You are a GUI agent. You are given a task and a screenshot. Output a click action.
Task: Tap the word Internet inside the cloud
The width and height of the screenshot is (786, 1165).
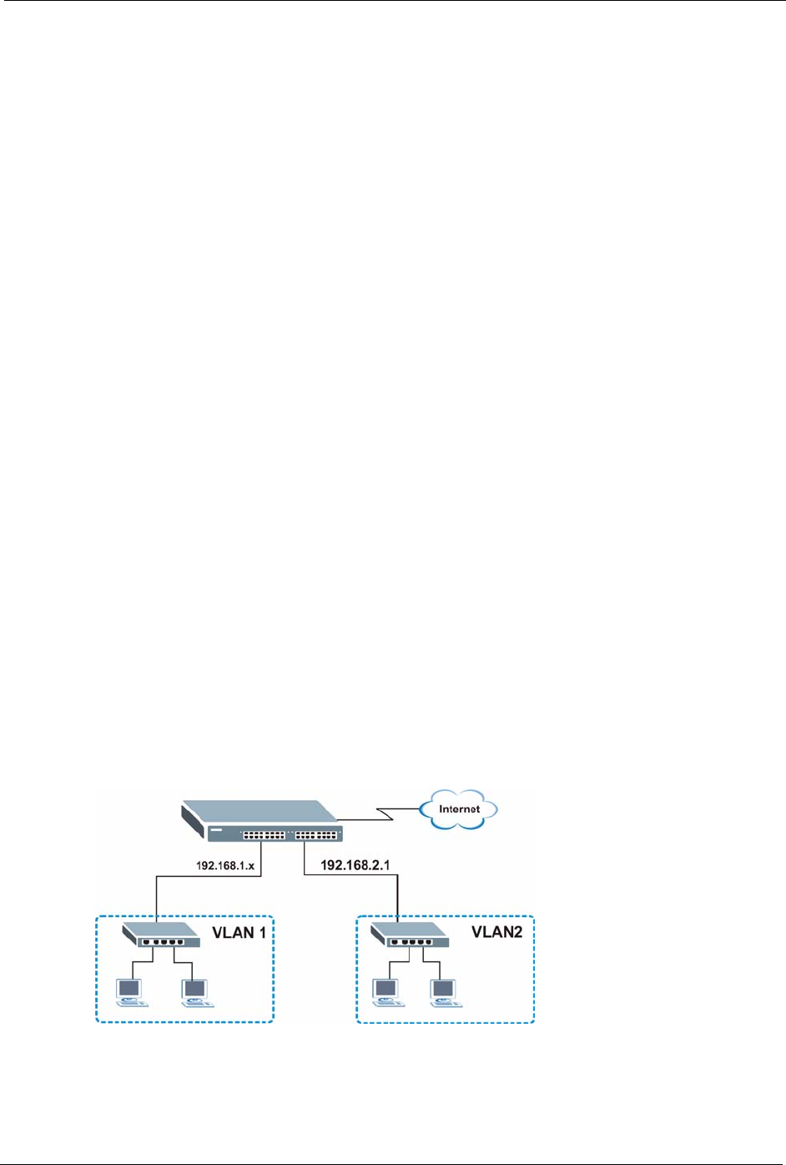(x=459, y=809)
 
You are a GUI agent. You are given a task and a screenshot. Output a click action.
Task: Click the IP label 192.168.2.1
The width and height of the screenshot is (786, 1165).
(x=355, y=866)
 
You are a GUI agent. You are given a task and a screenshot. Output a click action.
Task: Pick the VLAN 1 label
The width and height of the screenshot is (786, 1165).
(x=238, y=932)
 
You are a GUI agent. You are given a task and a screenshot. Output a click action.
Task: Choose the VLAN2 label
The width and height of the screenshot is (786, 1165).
(x=496, y=932)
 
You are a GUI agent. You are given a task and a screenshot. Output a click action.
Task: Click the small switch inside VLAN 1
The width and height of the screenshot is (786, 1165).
(x=161, y=935)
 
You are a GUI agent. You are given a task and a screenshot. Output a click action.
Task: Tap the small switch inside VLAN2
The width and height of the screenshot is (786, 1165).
(x=410, y=935)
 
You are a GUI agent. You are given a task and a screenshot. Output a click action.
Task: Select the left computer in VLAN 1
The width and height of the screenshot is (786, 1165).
(x=130, y=992)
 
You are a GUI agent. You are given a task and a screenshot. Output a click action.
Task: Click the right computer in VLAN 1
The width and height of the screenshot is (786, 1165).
(x=196, y=992)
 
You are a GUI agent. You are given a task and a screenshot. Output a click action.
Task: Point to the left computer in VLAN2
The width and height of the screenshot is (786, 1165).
(x=385, y=992)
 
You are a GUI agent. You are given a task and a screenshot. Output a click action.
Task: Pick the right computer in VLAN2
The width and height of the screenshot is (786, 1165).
(x=443, y=992)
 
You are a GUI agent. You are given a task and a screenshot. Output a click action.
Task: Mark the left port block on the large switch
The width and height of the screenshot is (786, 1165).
(x=264, y=834)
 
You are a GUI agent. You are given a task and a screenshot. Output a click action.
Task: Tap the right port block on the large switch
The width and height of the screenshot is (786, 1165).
(x=317, y=834)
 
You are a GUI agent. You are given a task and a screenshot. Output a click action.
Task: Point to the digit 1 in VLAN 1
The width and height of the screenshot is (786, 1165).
(x=261, y=932)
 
